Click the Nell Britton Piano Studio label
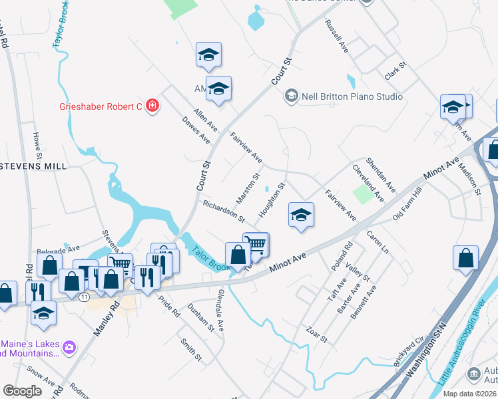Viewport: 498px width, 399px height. [352, 96]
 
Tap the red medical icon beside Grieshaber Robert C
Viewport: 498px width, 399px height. [152, 105]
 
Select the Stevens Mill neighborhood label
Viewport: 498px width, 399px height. [33, 166]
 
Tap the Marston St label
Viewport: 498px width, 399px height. [247, 189]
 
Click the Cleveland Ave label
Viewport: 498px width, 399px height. [368, 184]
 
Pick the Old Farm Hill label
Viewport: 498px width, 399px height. [407, 205]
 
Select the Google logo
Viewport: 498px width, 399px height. [22, 391]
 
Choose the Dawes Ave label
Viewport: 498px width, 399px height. [196, 131]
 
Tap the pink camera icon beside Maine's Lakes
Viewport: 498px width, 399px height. [69, 346]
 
